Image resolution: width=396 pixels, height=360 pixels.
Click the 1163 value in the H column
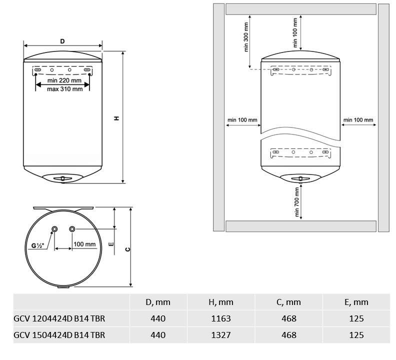221,318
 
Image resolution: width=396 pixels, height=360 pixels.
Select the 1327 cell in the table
221,335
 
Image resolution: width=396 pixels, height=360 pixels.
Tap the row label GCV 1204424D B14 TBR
59,318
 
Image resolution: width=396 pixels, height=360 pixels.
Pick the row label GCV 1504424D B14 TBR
59,335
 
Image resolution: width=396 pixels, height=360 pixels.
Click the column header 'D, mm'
158,302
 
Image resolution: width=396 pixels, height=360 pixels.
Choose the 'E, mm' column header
356,302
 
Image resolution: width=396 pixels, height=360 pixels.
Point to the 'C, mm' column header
288,302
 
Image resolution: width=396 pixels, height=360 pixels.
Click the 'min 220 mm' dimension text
64,80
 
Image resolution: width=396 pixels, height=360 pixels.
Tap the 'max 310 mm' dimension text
65,89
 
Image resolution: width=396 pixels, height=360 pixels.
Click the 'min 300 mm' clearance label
246,37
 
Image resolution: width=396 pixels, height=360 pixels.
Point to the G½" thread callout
37,245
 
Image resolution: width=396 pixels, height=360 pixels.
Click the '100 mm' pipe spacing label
84,244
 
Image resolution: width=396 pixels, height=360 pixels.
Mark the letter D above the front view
62,41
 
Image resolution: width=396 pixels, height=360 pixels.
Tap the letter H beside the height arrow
116,118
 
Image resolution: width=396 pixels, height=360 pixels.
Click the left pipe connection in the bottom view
54,229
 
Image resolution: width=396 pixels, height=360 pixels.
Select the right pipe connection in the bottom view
72,229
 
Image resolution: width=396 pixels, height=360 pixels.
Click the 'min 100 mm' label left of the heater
242,119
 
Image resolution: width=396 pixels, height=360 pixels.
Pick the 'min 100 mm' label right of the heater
358,119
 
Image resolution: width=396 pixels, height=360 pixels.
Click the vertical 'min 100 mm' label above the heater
295,33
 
